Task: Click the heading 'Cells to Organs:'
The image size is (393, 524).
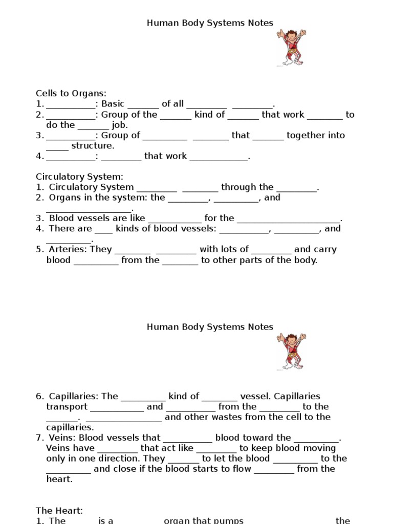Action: (x=71, y=93)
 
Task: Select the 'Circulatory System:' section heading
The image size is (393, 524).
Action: (x=79, y=177)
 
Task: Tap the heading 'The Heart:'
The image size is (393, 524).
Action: (x=59, y=511)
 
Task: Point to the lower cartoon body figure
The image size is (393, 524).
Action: (x=291, y=351)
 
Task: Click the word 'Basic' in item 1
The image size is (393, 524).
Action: (x=113, y=104)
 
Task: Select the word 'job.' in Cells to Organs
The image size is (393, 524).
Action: (x=120, y=125)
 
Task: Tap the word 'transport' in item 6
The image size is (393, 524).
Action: (x=67, y=407)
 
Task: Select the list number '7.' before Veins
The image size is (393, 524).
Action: (x=40, y=438)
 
